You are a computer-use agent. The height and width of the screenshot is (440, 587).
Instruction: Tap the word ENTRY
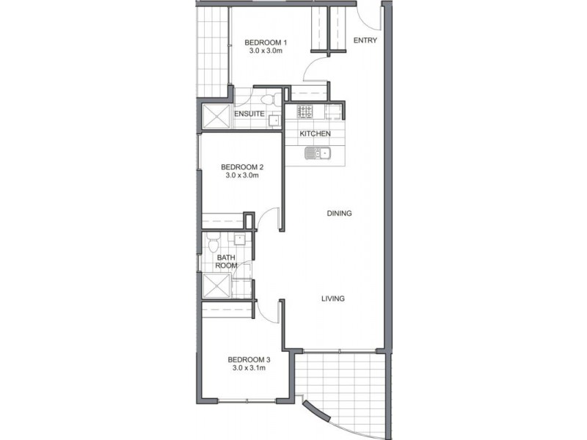point(365,40)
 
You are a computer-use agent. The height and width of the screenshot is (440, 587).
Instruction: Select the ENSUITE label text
point(249,114)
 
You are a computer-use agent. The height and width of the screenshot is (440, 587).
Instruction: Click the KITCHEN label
point(315,134)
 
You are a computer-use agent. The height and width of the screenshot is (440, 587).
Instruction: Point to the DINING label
point(340,213)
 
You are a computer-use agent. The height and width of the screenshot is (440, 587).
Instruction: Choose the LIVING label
point(333,298)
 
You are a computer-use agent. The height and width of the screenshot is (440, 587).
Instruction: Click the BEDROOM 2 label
point(241,167)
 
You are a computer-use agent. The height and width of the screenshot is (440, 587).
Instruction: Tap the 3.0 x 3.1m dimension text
point(249,368)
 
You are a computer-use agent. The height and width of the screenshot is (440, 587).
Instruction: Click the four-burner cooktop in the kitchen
point(305,112)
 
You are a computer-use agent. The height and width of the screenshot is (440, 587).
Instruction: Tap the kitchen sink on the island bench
point(319,153)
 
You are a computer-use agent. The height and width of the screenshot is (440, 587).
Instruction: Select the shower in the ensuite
point(216,116)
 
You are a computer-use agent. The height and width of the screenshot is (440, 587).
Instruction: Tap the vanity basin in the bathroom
point(240,241)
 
